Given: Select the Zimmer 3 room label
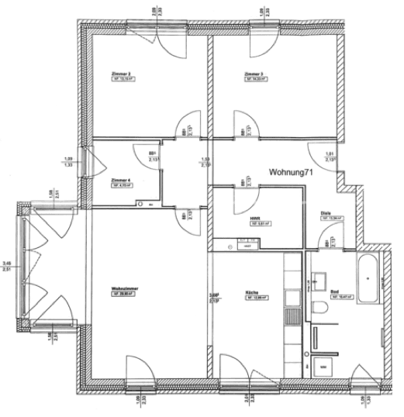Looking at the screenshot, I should coord(253,74).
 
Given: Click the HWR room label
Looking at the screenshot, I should coord(254,219).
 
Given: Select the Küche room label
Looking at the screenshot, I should coord(252,291).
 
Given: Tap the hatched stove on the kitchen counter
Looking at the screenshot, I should coord(293,317).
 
